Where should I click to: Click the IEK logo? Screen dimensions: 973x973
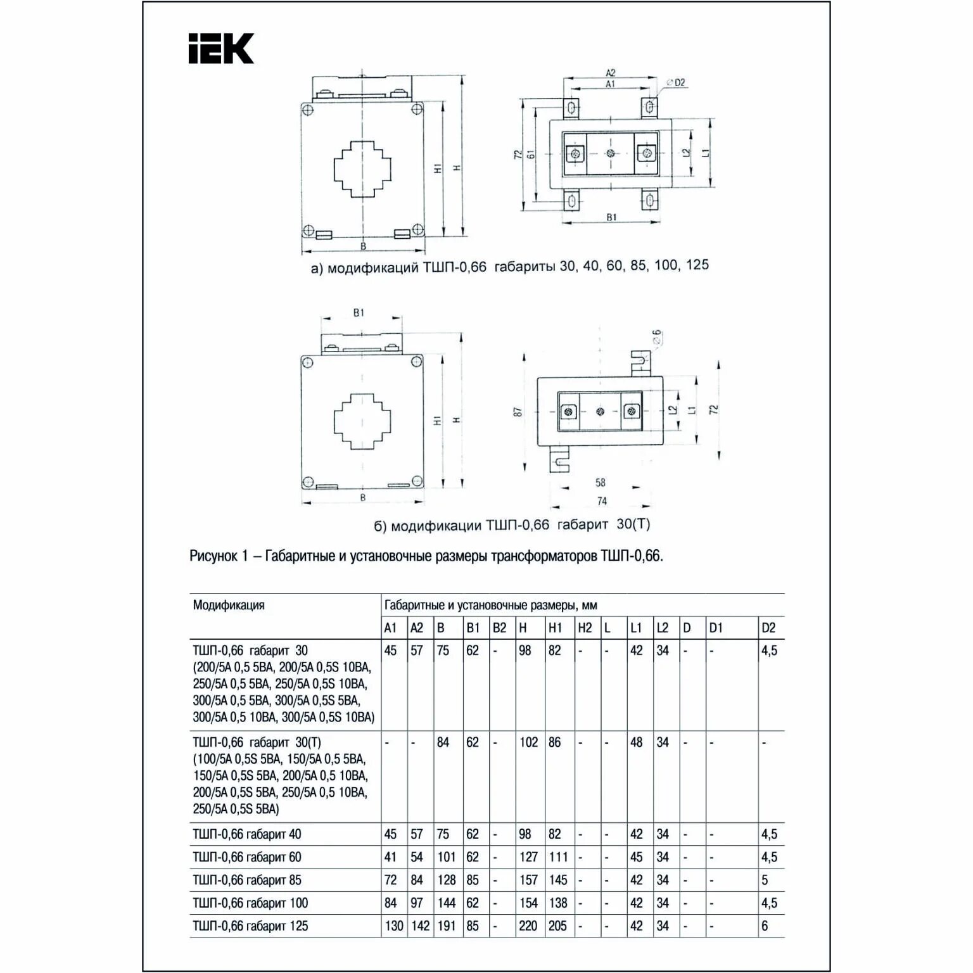pos(221,49)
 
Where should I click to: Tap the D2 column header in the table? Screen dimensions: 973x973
pos(768,628)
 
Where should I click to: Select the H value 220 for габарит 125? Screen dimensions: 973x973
pos(528,925)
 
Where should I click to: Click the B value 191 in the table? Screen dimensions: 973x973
pos(446,925)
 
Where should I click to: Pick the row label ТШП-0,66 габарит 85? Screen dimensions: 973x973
pos(247,880)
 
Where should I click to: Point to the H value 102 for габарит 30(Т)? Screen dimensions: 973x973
pos(528,742)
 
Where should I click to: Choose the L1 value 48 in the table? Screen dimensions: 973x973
pos(636,742)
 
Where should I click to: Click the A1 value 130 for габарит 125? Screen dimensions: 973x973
pos(393,925)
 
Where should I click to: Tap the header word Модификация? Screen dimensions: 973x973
pos(229,605)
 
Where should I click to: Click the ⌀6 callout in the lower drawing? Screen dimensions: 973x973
pos(656,337)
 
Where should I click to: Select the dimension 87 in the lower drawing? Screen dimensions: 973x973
pos(518,411)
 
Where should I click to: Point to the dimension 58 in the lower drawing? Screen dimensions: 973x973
pos(601,483)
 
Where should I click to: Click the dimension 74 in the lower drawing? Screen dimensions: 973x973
pos(602,501)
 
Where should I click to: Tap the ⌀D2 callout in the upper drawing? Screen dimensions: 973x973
pos(676,82)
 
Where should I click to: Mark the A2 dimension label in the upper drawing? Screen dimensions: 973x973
pos(611,73)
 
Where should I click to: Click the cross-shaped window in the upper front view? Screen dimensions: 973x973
pos(362,169)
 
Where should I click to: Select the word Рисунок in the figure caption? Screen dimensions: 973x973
pos(213,556)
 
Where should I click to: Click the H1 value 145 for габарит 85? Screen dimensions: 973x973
pos(557,880)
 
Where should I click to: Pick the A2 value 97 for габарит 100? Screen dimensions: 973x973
pos(416,903)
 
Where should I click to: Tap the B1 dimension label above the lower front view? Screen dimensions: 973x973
pos(359,312)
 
